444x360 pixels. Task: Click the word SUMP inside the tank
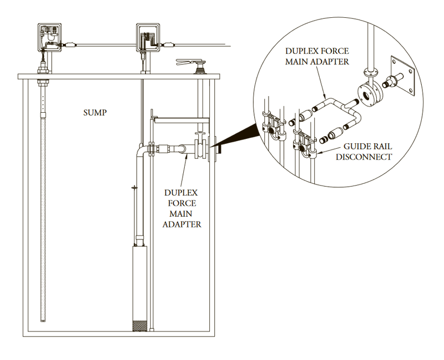tap(94, 112)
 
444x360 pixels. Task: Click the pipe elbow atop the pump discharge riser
tap(143, 149)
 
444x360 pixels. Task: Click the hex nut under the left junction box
tap(41, 71)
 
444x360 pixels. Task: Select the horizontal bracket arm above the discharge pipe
tap(180, 117)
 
